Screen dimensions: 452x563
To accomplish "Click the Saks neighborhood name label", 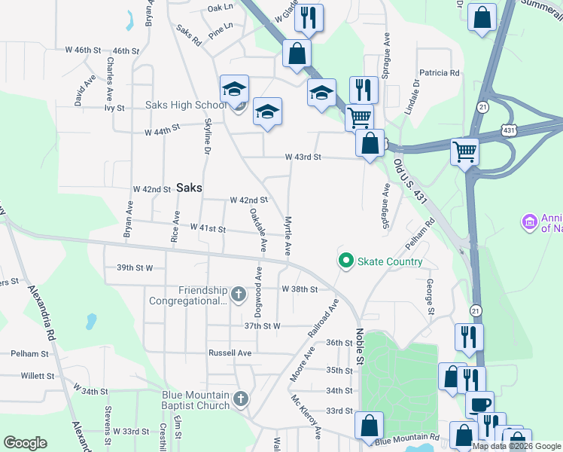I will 189,188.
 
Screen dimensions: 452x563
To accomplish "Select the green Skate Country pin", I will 346,261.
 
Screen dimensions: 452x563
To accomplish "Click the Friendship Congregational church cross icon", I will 239,294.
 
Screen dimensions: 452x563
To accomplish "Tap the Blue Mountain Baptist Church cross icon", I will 241,399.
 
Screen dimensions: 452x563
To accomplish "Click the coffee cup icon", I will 478,405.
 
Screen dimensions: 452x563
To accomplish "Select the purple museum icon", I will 528,222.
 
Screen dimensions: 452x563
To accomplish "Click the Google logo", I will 25,443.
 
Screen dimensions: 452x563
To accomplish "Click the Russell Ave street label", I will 230,353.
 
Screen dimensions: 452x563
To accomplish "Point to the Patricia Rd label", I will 440,73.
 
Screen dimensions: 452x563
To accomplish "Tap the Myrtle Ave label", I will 288,237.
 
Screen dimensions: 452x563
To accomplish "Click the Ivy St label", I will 114,108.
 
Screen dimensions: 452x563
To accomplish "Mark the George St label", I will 429,297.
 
